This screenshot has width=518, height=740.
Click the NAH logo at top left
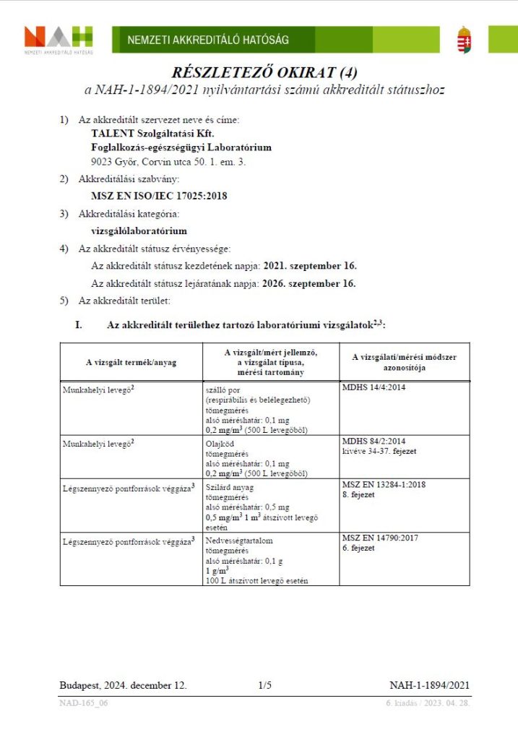click(x=59, y=39)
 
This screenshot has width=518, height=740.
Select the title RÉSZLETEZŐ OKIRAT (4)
click(x=264, y=73)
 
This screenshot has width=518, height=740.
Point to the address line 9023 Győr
click(x=168, y=162)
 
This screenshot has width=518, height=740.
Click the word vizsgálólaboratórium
click(x=139, y=231)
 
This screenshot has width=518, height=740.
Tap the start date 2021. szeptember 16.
click(x=310, y=265)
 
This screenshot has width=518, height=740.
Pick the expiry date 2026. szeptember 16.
click(x=310, y=283)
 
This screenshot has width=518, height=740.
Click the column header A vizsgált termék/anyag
click(x=131, y=362)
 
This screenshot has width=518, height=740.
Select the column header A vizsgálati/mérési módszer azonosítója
click(x=404, y=362)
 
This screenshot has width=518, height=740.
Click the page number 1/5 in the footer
click(x=264, y=685)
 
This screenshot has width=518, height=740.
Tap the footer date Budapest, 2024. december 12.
click(x=123, y=685)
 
